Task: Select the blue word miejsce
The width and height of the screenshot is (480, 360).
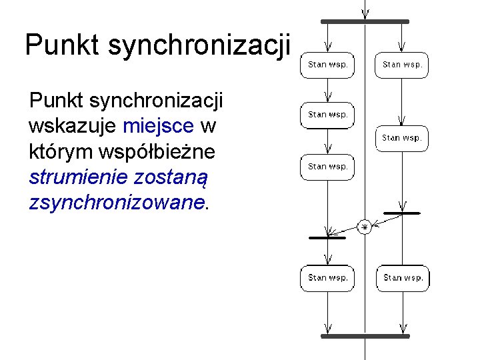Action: (158, 126)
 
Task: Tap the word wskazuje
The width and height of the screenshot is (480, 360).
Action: (73, 126)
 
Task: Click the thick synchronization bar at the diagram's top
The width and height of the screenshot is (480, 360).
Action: (365, 22)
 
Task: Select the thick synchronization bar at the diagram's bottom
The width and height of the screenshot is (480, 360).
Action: (365, 337)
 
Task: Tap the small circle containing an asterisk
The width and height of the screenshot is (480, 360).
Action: (365, 227)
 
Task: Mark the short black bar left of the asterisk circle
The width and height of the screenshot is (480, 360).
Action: (327, 237)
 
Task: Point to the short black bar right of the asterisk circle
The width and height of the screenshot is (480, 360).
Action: (402, 213)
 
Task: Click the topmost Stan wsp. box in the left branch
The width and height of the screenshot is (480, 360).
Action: (327, 65)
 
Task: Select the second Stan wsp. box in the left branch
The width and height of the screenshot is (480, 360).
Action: (327, 115)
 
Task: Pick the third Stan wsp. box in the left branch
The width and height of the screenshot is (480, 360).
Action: (327, 167)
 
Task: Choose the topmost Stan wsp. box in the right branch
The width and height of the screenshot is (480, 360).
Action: (401, 65)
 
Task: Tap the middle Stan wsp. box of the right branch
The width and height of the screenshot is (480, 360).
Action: (401, 138)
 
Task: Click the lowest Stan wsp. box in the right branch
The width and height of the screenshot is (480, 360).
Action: (403, 278)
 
